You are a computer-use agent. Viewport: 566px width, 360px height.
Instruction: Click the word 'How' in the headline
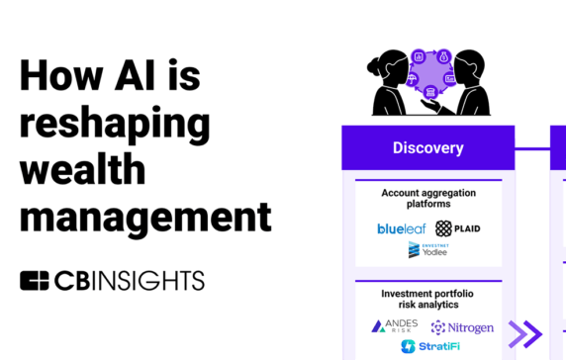click(56, 75)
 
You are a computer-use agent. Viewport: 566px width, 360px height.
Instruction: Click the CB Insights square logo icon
click(35, 280)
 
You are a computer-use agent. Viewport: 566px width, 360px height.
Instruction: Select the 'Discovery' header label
click(427, 148)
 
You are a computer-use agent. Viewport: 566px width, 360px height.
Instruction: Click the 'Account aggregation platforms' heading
click(427, 197)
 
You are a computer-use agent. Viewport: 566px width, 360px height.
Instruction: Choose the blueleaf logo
click(400, 228)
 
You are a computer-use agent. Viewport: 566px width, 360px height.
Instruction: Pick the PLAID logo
click(458, 228)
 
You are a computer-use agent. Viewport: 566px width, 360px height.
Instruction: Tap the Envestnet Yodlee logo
click(427, 251)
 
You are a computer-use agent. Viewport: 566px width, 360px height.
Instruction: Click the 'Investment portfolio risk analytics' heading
click(427, 300)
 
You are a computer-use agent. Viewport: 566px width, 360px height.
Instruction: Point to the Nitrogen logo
click(460, 325)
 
